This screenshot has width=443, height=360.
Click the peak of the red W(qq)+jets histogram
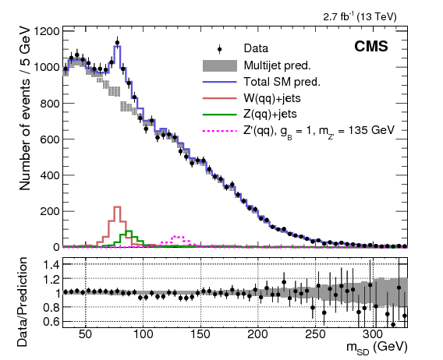click(x=117, y=207)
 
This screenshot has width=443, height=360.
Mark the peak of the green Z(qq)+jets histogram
click(x=129, y=231)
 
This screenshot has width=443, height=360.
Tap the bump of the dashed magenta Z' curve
click(x=177, y=236)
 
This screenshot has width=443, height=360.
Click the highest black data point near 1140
click(x=117, y=43)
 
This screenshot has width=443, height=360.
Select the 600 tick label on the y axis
click(x=48, y=139)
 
